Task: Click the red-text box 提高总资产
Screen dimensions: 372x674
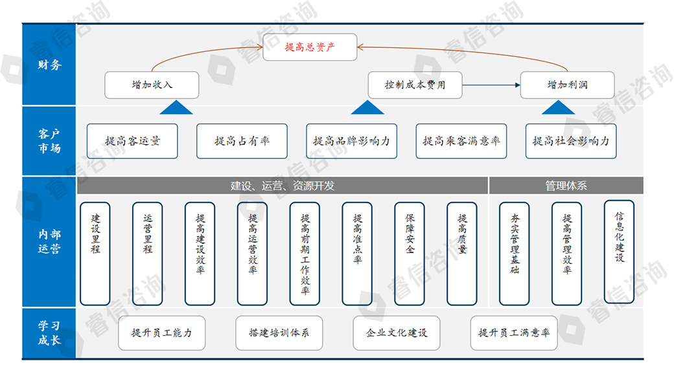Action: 310,47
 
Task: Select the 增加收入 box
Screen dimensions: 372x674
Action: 152,85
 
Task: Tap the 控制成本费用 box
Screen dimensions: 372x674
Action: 415,85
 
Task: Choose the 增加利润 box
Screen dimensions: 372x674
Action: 568,85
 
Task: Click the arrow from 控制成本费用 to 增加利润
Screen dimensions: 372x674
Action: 493,85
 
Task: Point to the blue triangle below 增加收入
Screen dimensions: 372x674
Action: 174,108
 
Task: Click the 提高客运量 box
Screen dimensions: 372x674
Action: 132,141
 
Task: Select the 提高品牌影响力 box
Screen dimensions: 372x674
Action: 351,141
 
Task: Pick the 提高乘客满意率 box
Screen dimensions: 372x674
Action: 461,141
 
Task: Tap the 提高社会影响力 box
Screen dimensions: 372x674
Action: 571,141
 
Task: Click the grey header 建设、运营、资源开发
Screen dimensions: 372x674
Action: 283,186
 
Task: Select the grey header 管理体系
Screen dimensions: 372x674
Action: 566,186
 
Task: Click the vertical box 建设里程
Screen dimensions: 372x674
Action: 95,254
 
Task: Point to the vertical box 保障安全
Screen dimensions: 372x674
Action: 410,254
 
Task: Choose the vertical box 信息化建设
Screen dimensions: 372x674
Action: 619,251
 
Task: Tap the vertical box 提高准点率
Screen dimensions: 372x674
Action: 357,254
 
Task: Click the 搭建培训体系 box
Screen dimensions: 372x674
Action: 279,333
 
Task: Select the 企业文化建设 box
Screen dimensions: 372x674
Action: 397,333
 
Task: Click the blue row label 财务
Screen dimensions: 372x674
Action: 49,65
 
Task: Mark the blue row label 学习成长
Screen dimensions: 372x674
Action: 49,333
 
